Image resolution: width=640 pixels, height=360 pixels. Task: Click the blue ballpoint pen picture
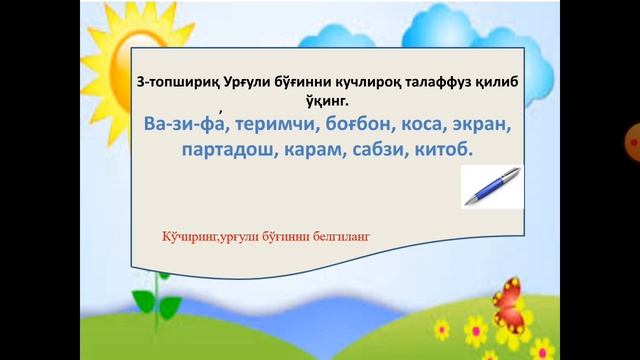[492, 186]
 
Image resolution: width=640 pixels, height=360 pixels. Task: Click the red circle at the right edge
[633, 143]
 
